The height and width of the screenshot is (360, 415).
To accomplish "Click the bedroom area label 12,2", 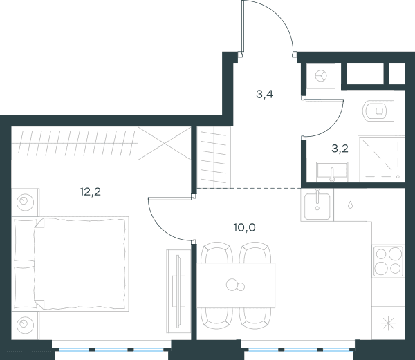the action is (x=90, y=192).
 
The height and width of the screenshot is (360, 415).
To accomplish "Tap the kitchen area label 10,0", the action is (x=244, y=227).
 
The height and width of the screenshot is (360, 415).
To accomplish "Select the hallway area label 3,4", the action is (x=265, y=94).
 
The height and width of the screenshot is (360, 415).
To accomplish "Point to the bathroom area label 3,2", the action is (x=340, y=149).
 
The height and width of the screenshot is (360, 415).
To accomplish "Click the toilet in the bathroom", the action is (x=375, y=111).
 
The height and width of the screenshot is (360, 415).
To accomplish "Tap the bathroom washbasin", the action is (x=332, y=172).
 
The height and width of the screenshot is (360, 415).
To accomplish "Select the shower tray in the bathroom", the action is (x=381, y=159).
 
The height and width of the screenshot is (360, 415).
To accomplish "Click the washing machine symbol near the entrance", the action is (x=320, y=77).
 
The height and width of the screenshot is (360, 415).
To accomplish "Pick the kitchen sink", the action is (x=317, y=205).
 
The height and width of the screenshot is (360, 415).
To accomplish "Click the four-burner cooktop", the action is (x=388, y=261).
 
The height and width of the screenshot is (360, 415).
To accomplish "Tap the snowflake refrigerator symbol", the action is (x=388, y=323).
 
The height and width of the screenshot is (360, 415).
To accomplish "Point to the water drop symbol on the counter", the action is (x=350, y=205).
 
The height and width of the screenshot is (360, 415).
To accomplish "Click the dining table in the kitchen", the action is (x=236, y=285).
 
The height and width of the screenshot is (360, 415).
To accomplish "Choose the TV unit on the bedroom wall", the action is (x=178, y=291).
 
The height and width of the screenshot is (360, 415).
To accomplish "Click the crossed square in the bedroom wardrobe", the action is (x=165, y=143).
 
